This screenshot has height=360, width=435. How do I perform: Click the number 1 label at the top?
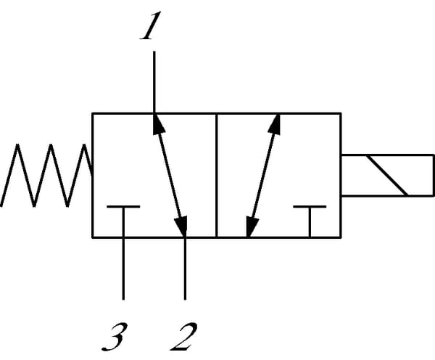click(x=149, y=28)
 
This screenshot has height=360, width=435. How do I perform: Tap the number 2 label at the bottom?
click(x=184, y=336)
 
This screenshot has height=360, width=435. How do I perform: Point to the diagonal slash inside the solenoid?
click(x=388, y=175)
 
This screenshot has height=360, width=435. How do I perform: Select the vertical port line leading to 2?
click(x=186, y=269)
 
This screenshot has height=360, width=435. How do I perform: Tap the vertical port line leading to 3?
click(x=123, y=269)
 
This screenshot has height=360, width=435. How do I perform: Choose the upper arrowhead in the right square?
click(x=275, y=126)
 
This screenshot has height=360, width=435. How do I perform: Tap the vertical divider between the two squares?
click(x=216, y=175)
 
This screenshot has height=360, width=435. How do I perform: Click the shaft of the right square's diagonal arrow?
click(x=262, y=175)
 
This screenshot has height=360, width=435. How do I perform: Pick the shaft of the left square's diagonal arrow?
click(x=169, y=175)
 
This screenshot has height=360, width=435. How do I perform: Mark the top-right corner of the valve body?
click(x=341, y=112)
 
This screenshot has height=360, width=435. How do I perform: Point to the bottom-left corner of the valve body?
click(x=92, y=237)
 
